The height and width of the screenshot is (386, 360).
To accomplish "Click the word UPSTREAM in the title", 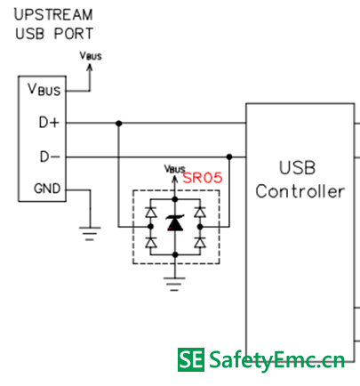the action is (x=53, y=15).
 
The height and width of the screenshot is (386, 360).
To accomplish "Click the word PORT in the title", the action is (x=74, y=34).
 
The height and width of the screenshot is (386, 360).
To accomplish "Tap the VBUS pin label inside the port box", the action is (x=44, y=89).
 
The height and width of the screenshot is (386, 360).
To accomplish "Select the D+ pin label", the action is (x=49, y=122).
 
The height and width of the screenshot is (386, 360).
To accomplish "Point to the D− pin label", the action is (x=50, y=157).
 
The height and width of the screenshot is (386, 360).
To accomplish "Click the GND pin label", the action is (x=47, y=189).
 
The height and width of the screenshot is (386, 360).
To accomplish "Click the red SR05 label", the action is (x=203, y=178).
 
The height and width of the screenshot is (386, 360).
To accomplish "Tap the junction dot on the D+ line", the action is (x=119, y=123).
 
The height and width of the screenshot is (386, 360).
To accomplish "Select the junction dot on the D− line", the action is (x=229, y=157).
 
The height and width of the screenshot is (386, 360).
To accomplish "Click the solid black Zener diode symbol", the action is (x=175, y=223).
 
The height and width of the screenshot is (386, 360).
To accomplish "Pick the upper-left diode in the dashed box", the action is (x=151, y=213).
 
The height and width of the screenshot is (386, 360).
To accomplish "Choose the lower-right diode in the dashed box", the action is (x=200, y=243).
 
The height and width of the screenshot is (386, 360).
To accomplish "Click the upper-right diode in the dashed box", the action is (x=200, y=213).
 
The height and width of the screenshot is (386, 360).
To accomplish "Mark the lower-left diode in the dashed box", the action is (x=151, y=243).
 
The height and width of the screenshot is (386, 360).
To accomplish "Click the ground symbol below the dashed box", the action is (x=174, y=284).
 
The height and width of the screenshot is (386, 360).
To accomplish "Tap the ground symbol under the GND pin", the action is (x=90, y=234).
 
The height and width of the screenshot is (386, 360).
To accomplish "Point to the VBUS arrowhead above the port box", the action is (x=90, y=68).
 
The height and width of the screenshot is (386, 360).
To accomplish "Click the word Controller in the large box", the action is (x=300, y=191).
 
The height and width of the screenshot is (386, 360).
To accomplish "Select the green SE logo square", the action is (x=191, y=359).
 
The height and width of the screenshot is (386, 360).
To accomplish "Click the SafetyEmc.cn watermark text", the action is (x=276, y=360).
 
